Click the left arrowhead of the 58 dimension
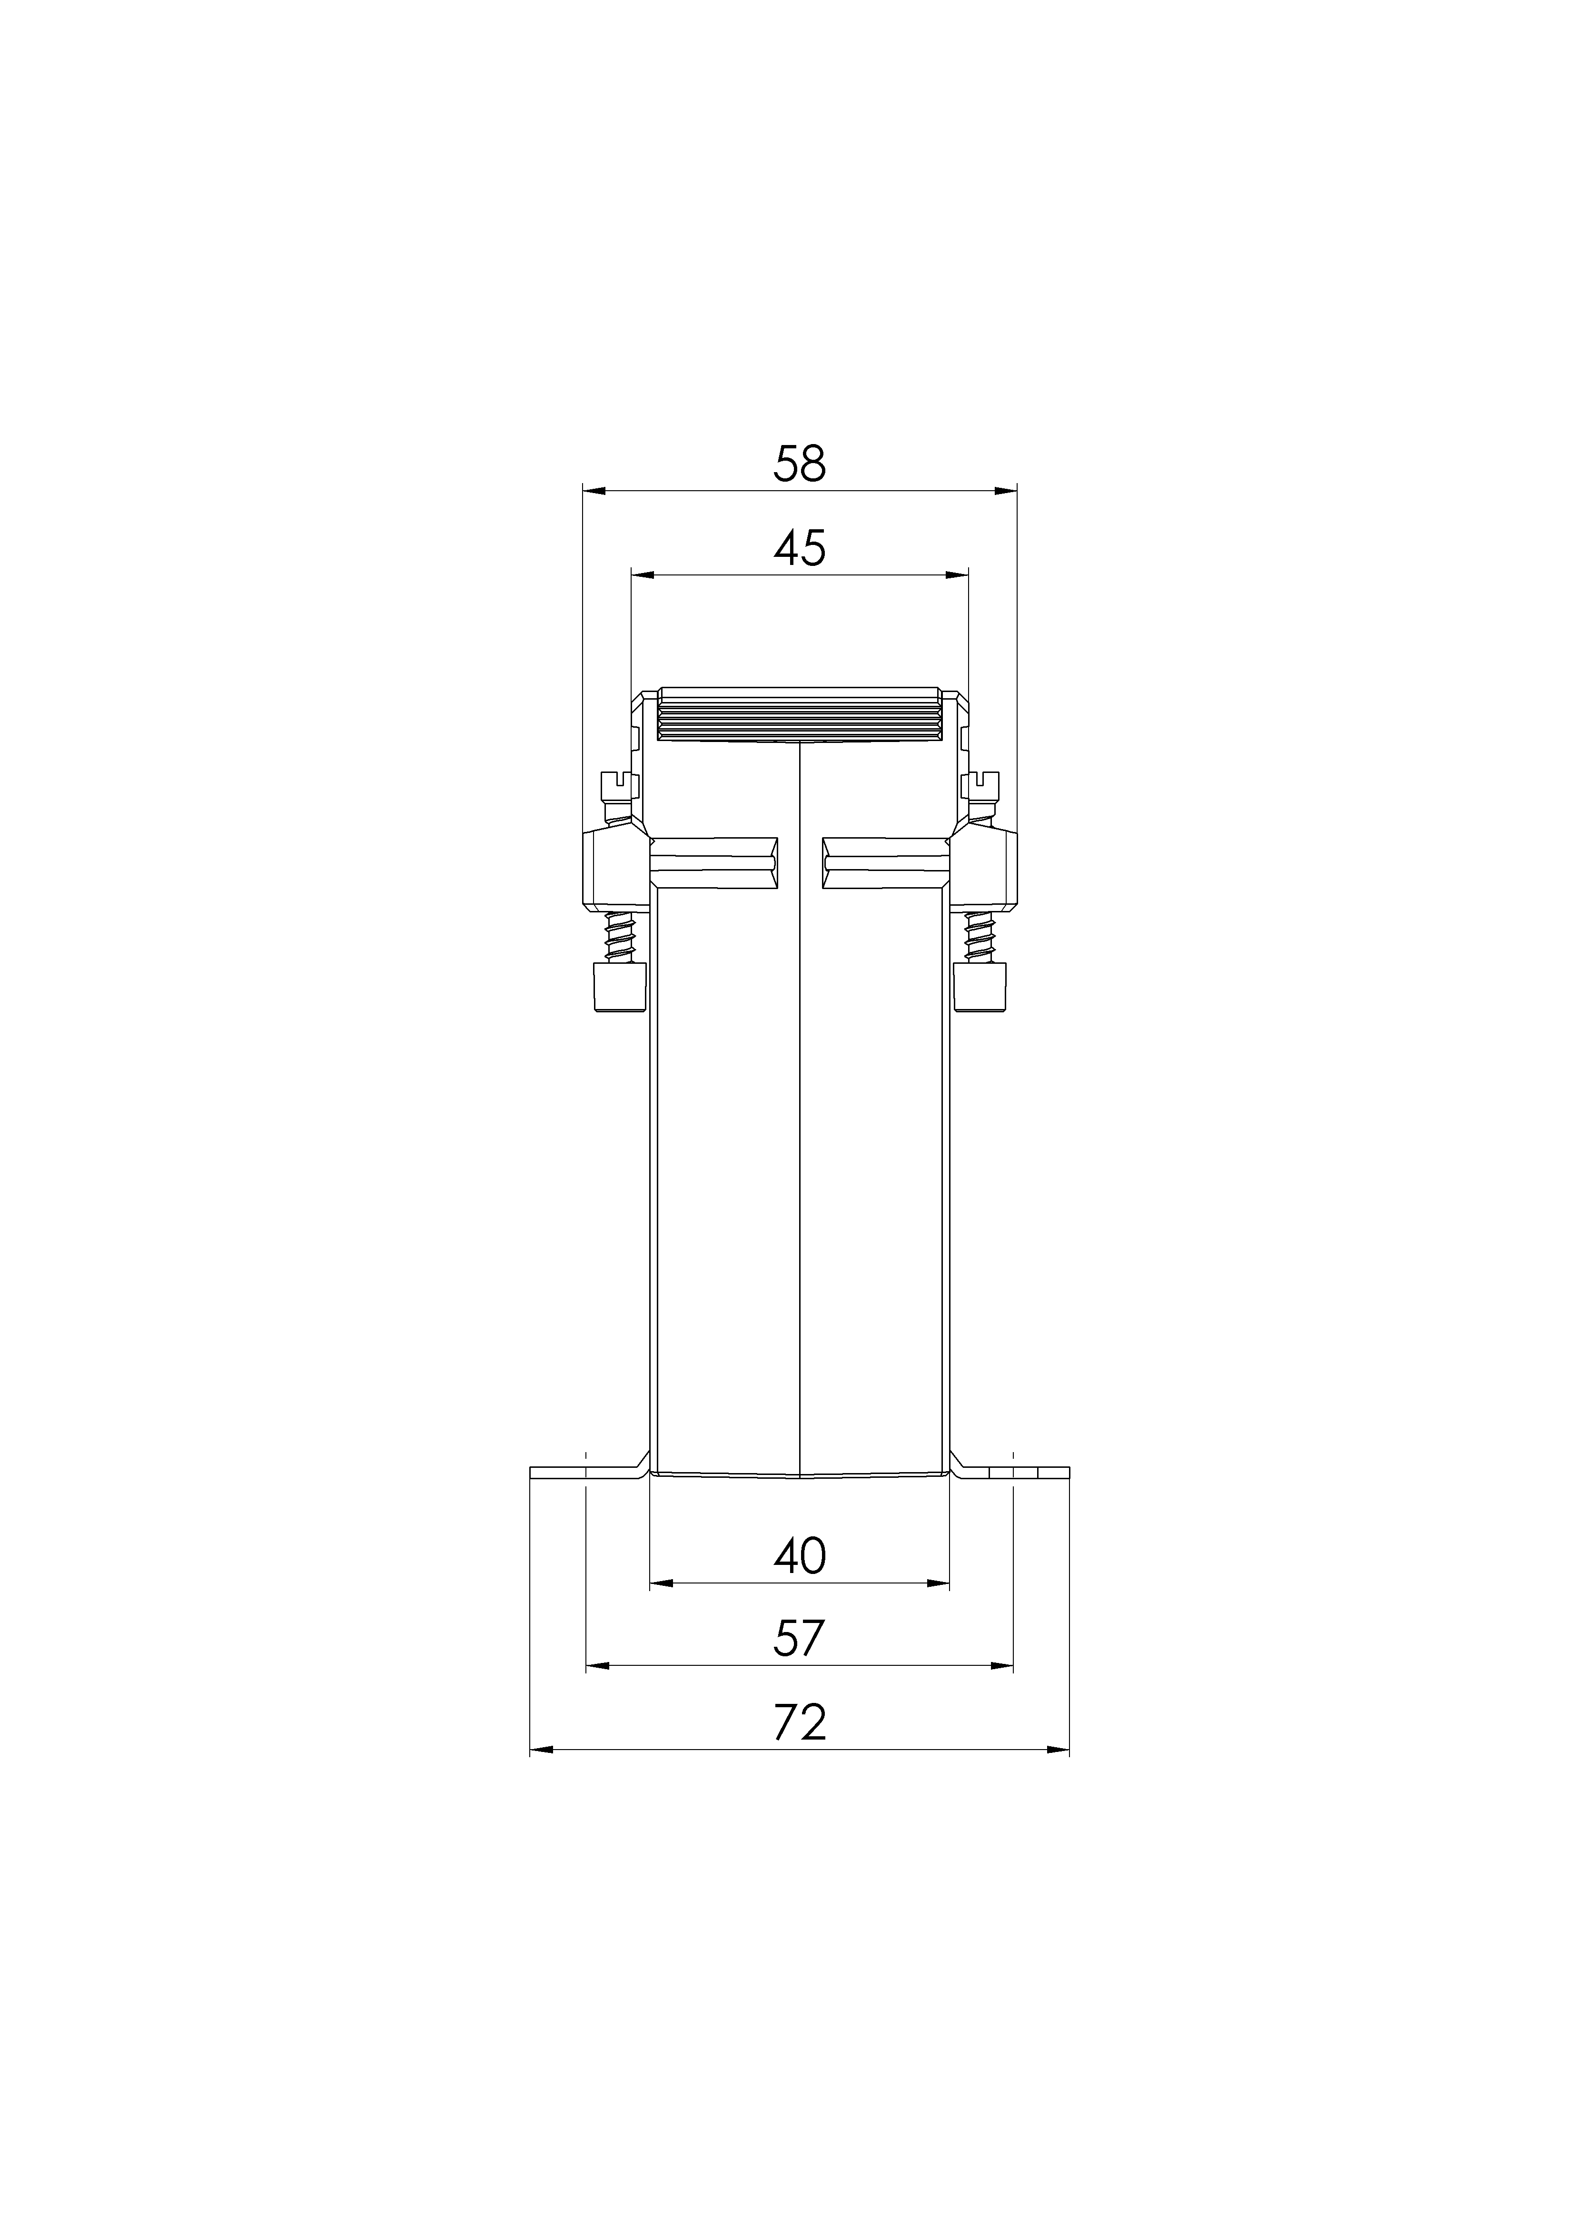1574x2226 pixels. pos(594,492)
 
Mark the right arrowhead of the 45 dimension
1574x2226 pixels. pos(957,575)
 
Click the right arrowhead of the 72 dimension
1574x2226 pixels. pos(1057,1750)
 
